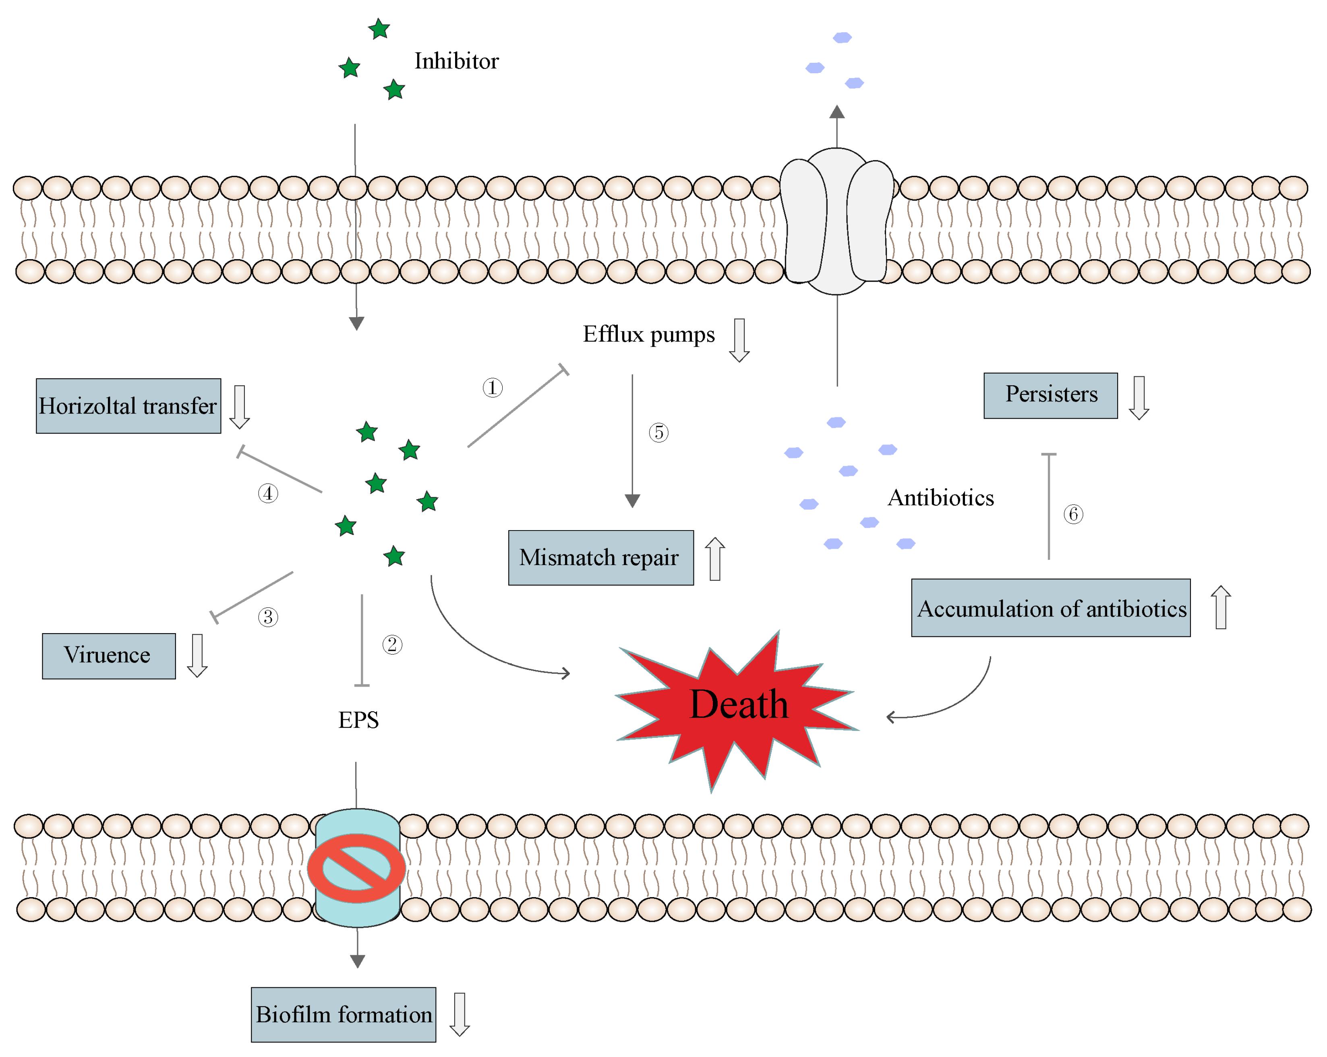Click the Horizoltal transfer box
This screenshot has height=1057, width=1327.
[128, 406]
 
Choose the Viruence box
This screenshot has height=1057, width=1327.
[108, 656]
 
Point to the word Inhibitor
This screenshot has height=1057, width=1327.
[456, 61]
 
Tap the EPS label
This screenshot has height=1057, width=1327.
[358, 720]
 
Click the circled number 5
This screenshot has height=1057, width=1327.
[658, 433]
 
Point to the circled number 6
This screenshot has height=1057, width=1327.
[1073, 514]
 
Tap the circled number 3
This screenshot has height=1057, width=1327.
[268, 617]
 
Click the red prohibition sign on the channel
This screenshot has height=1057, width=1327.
[356, 868]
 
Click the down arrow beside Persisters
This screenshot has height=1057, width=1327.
[1139, 397]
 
